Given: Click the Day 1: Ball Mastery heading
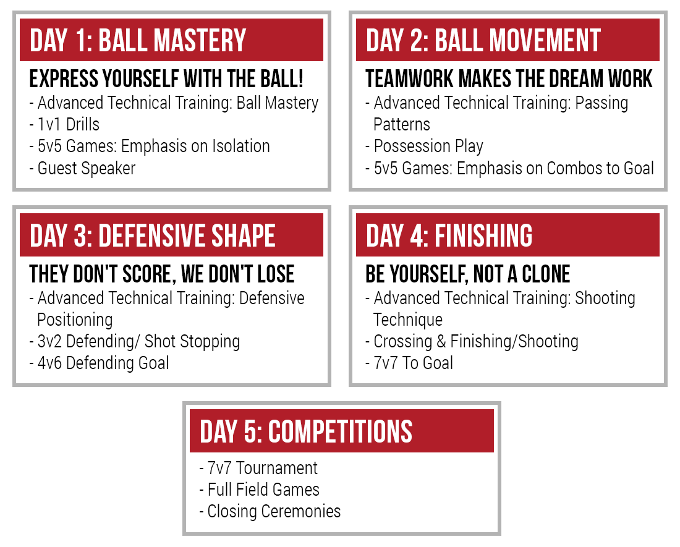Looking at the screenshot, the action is point(138,40).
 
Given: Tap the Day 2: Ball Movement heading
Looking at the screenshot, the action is point(483,40).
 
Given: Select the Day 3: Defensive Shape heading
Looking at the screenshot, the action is point(152,235).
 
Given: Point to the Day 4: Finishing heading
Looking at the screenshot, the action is point(449,235).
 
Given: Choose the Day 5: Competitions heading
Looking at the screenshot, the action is point(306,431).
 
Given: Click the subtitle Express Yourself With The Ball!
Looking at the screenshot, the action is point(166,79).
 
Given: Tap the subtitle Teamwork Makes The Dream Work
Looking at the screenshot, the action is point(509,79).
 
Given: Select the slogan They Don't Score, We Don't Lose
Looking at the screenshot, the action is point(162,274).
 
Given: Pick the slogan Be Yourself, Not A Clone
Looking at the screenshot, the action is point(467,274).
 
